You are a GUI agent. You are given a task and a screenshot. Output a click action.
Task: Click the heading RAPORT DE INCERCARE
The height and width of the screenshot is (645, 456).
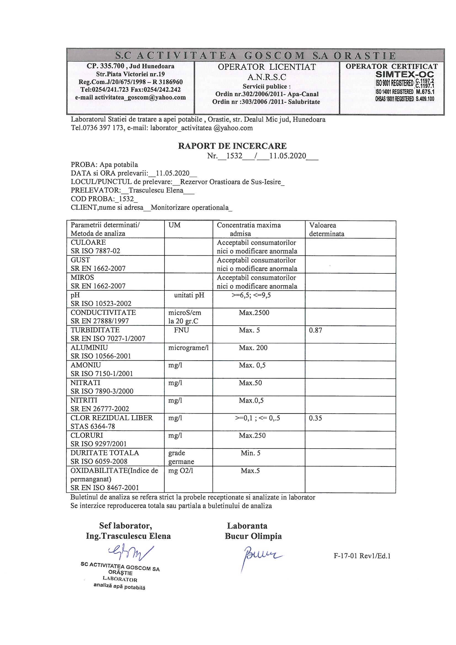[232, 146]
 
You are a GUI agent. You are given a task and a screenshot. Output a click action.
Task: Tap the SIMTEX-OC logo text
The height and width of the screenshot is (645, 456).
[405, 75]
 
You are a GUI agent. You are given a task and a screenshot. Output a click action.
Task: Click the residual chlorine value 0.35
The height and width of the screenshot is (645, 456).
[315, 418]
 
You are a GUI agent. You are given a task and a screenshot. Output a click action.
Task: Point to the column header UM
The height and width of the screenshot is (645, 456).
[174, 225]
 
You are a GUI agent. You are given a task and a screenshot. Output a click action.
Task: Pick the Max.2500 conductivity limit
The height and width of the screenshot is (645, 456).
[254, 313]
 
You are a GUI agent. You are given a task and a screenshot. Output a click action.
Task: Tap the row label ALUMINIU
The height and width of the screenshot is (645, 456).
[89, 348]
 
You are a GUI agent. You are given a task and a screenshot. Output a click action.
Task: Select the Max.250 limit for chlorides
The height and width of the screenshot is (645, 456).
[252, 435]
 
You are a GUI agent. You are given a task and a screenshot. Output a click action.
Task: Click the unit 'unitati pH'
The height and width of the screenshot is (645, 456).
[189, 295]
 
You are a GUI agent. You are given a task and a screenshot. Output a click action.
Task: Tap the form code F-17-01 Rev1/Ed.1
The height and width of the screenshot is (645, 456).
[362, 556]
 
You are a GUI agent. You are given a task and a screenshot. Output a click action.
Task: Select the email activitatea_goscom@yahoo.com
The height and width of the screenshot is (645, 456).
[140, 97]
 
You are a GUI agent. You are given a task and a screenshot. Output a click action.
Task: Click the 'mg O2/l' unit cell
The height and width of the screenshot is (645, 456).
[181, 471]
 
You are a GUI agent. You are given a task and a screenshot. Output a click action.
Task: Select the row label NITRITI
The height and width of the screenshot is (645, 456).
[84, 400]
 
